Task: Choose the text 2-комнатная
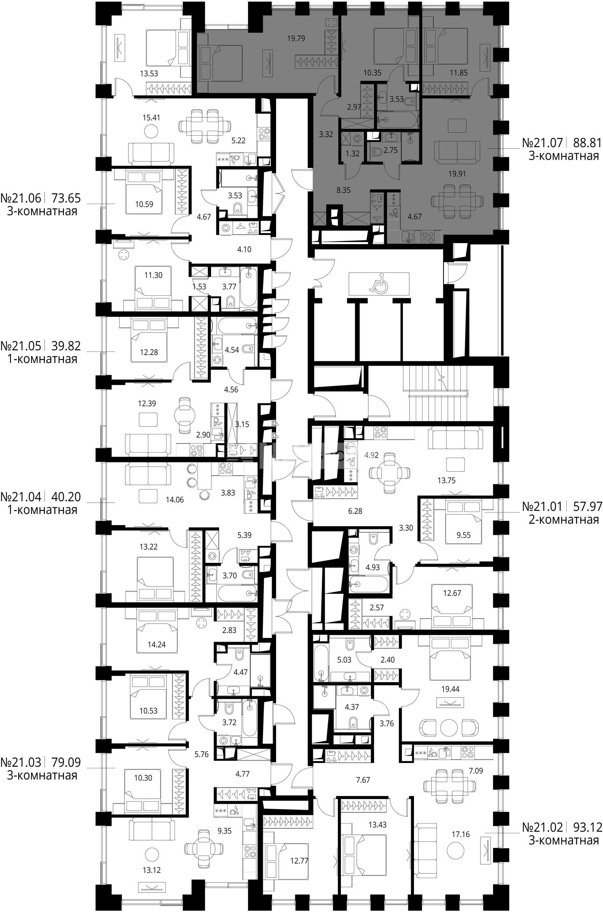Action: [x=563, y=520]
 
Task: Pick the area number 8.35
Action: [x=343, y=190]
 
